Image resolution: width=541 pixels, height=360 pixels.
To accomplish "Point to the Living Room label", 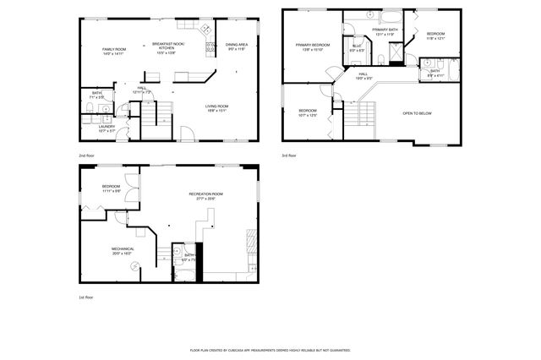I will [217, 107].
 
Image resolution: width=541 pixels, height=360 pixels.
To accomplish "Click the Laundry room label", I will [107, 128].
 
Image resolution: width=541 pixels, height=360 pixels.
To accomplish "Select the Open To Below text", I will [418, 112].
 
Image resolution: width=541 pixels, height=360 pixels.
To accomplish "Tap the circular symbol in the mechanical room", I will [134, 265].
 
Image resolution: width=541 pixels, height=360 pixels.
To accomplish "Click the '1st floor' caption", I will [85, 297].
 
